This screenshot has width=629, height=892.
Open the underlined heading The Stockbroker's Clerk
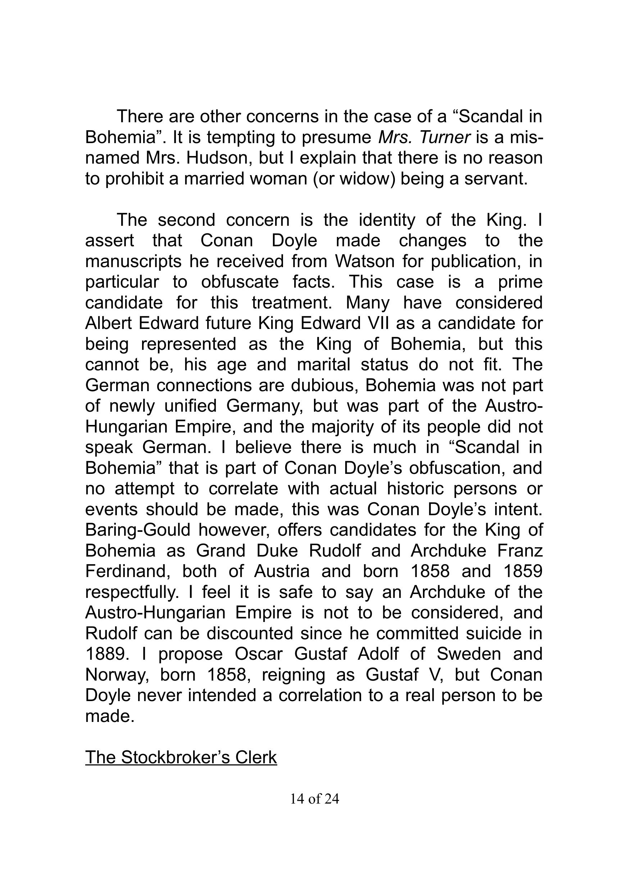pyautogui.click(x=181, y=757)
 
